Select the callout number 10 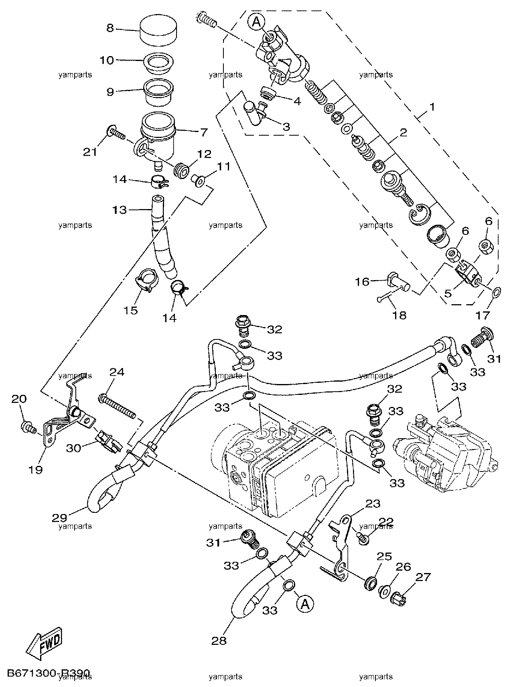[x=107, y=61]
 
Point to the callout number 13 [x=120, y=210]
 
